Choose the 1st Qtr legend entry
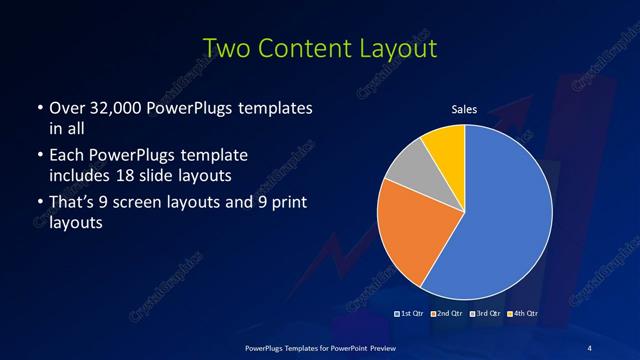pyautogui.click(x=409, y=314)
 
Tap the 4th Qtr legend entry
pyautogui.click(x=521, y=314)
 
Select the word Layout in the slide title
pyautogui.click(x=394, y=48)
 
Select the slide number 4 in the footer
pyautogui.click(x=589, y=347)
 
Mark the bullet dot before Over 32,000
pyautogui.click(x=38, y=107)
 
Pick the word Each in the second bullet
pyautogui.click(x=66, y=156)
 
